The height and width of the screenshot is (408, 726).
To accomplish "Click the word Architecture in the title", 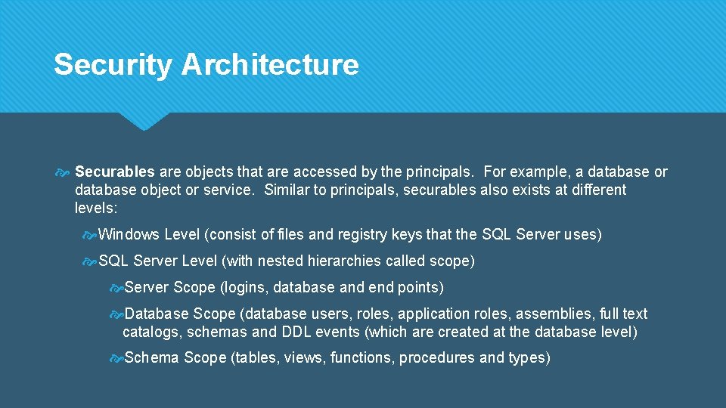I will pyautogui.click(x=270, y=65).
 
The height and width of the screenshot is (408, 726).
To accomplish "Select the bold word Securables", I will pyautogui.click(x=115, y=172).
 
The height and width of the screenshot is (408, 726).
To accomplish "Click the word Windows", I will pyautogui.click(x=129, y=235).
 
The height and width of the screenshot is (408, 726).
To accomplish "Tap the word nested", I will pyautogui.click(x=279, y=261).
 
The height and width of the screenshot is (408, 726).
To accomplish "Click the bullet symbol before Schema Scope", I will pyautogui.click(x=116, y=358).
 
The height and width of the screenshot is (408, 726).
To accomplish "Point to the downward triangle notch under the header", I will pyautogui.click(x=144, y=122).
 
